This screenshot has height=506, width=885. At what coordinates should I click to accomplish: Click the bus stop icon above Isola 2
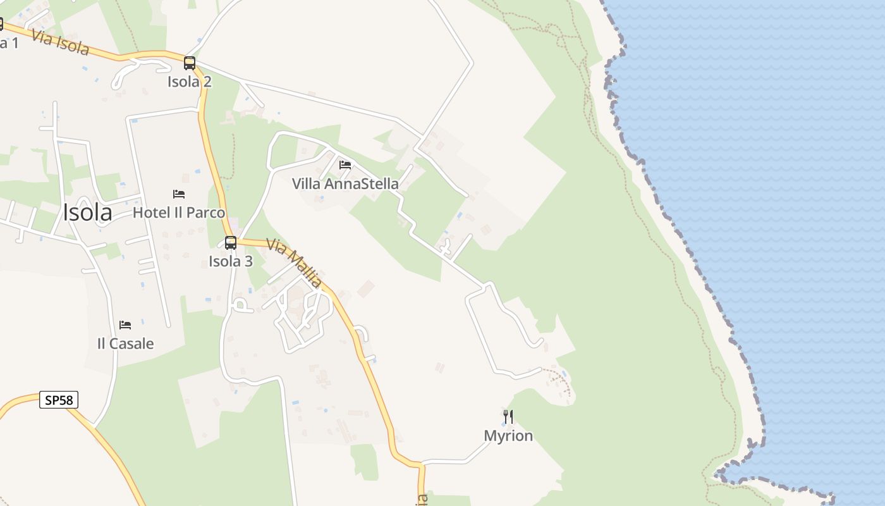[x=190, y=63]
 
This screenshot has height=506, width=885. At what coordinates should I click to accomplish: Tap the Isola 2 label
[x=190, y=82]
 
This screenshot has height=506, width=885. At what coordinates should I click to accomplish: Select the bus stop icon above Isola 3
[x=231, y=242]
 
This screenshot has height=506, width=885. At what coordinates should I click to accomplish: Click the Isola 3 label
[x=231, y=261]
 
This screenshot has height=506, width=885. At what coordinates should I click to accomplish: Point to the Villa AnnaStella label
[x=345, y=184]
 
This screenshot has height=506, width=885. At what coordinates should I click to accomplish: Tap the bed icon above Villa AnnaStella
[x=345, y=165]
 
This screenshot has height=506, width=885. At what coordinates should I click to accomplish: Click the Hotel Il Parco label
[x=179, y=213]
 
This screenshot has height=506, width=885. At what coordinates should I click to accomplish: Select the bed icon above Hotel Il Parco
[x=179, y=194]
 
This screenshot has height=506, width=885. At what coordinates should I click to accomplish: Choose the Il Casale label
[x=125, y=343]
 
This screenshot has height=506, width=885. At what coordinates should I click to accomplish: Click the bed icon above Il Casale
[x=125, y=325]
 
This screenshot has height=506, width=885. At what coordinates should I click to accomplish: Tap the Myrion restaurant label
[x=508, y=436]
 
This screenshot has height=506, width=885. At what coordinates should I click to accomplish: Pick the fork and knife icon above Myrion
[x=508, y=416]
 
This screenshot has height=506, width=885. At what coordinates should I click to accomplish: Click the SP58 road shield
[x=59, y=400]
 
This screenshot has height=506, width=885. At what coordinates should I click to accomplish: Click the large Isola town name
[x=87, y=213]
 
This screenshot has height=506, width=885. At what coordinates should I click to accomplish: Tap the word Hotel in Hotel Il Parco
[x=152, y=213]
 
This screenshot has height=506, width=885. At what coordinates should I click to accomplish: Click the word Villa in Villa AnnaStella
[x=305, y=184]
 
